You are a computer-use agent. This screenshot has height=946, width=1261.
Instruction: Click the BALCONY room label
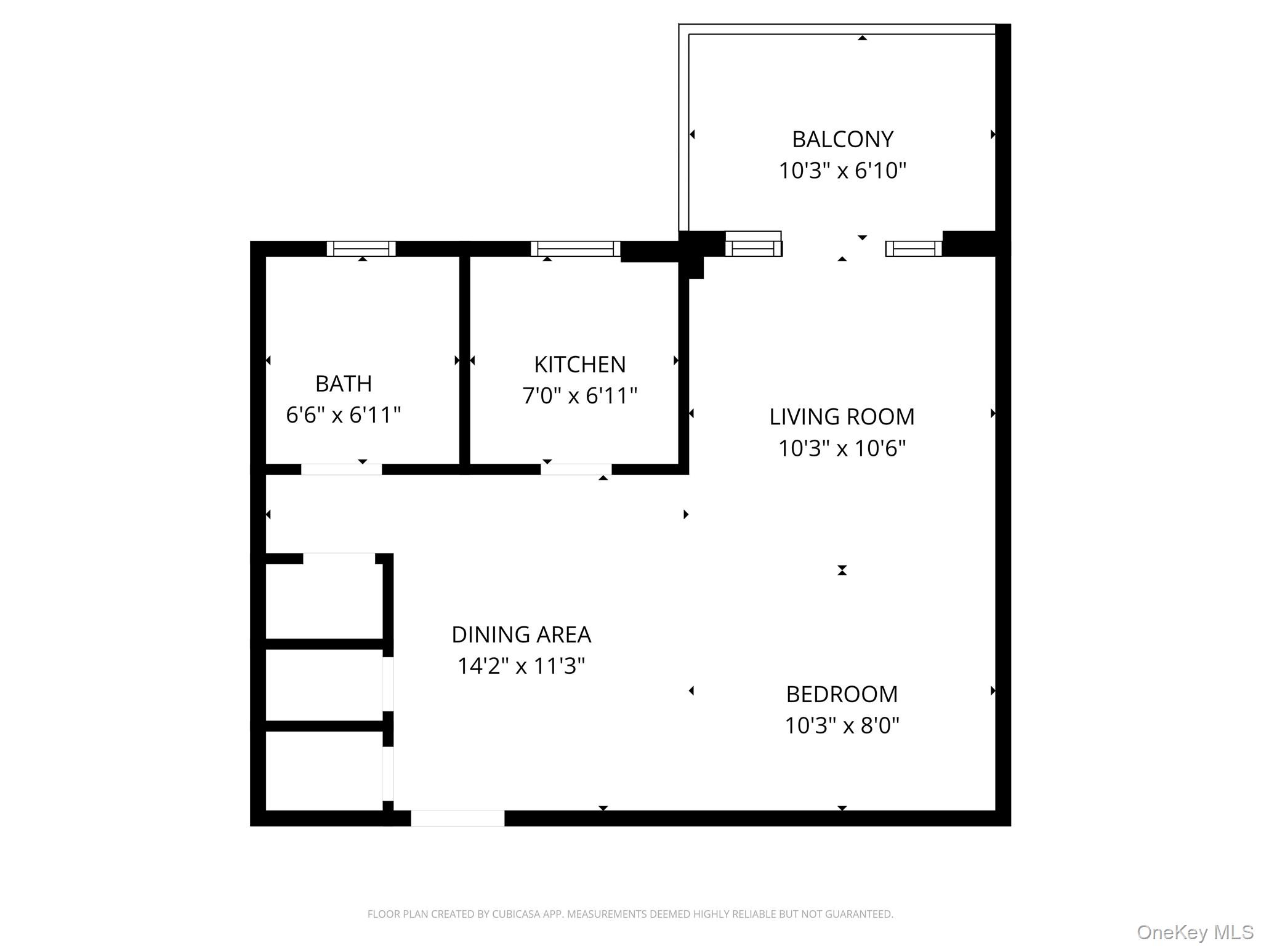[x=842, y=139]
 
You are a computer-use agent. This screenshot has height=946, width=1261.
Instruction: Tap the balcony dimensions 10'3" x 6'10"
[x=842, y=171]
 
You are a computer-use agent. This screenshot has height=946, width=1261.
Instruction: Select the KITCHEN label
[x=579, y=365]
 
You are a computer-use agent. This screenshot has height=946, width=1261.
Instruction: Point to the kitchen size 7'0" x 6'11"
[x=579, y=395]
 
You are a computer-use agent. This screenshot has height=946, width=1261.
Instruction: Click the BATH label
[x=344, y=384]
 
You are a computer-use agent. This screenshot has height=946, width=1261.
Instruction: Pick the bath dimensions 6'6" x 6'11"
[x=344, y=415]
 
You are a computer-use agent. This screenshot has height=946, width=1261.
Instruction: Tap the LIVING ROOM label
[x=842, y=417]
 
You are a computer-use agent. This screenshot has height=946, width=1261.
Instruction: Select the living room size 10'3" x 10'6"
[x=842, y=448]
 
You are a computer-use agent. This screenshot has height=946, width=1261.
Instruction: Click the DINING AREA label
[x=521, y=634]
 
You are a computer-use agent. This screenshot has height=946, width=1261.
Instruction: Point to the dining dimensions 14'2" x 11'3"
[x=521, y=666]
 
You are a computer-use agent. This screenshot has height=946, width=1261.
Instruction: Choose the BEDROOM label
[x=842, y=694]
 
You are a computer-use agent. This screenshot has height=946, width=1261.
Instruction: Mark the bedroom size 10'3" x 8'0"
[x=842, y=726]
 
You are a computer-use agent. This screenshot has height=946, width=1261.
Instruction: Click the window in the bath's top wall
[x=361, y=248]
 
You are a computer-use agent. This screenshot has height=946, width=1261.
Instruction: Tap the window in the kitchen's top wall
[x=575, y=248]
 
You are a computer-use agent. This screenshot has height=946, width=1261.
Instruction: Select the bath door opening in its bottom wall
[x=341, y=469]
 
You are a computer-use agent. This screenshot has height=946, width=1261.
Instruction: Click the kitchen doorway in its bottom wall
[x=576, y=469]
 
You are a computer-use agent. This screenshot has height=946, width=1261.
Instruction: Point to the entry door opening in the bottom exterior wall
[x=457, y=818]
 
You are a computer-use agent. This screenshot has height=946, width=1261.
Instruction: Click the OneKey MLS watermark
[x=1195, y=932]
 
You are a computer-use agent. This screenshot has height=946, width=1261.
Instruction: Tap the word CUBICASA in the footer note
[x=517, y=914]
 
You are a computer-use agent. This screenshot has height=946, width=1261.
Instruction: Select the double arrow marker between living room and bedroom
[x=842, y=570]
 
